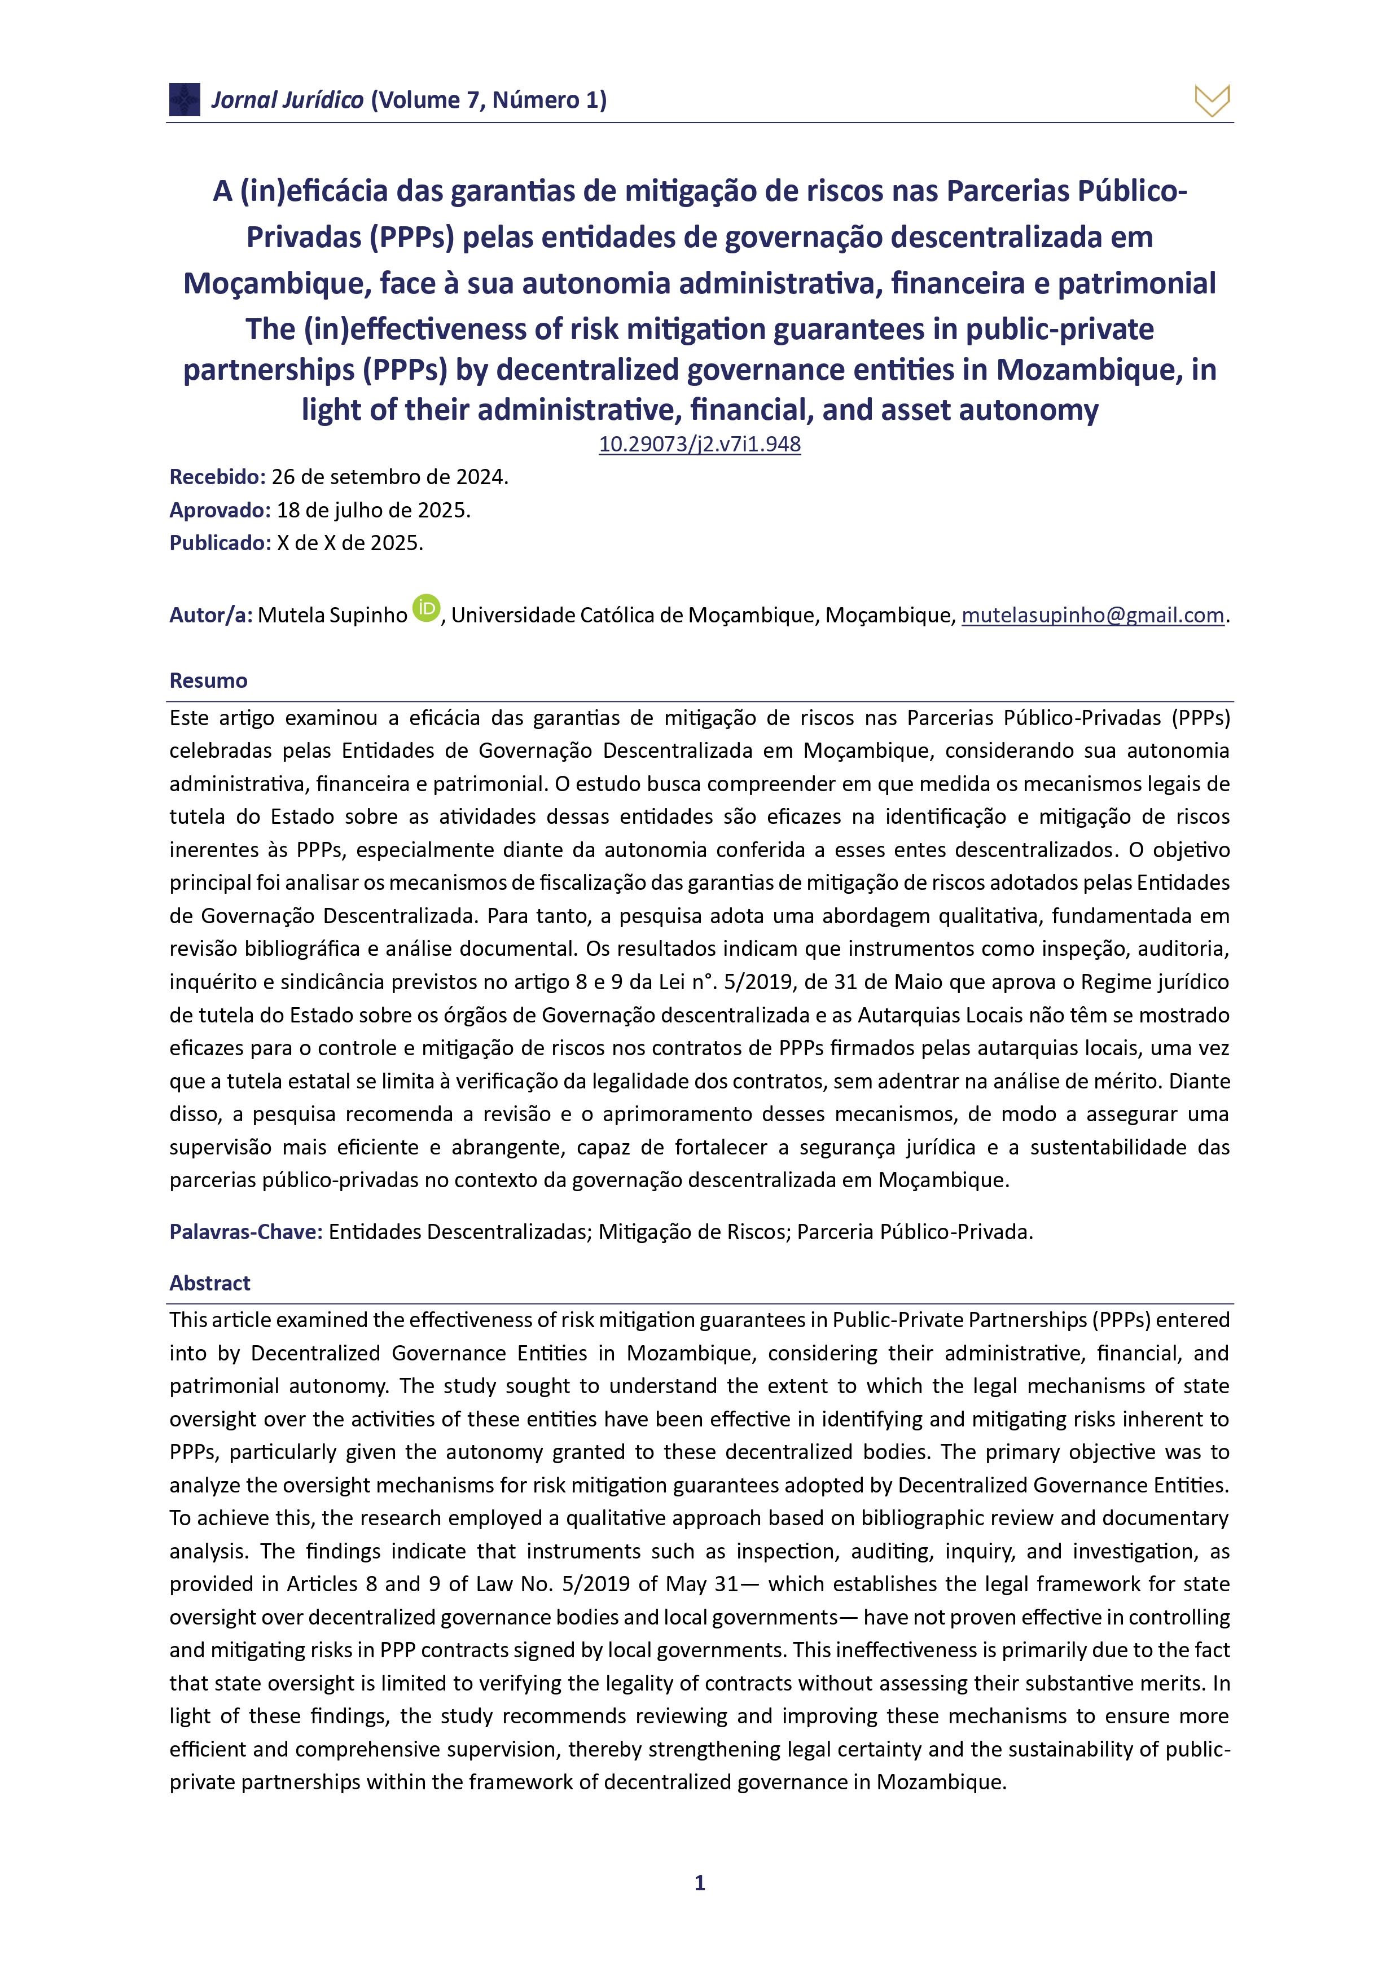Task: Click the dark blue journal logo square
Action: [x=185, y=99]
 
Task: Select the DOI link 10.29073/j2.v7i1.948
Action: [x=700, y=444]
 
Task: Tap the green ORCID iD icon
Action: [x=426, y=608]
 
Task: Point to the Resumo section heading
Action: [x=208, y=681]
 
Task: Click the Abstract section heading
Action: [x=209, y=1283]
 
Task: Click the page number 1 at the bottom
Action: [x=700, y=1882]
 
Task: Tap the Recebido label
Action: [x=217, y=477]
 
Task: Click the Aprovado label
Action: [x=220, y=510]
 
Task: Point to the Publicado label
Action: [x=220, y=543]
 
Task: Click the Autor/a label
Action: [x=210, y=615]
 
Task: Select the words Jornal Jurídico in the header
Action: [x=287, y=100]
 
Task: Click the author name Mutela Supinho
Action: [x=332, y=615]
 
